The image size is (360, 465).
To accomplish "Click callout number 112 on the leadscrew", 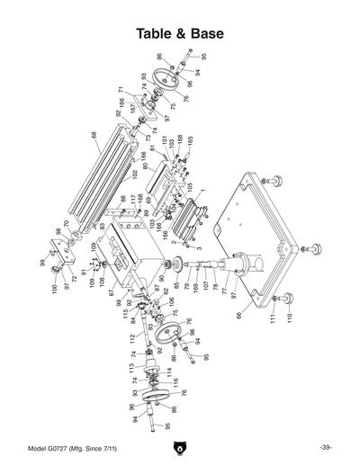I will point(131,338).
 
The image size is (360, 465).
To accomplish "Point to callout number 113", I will point(131,368).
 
